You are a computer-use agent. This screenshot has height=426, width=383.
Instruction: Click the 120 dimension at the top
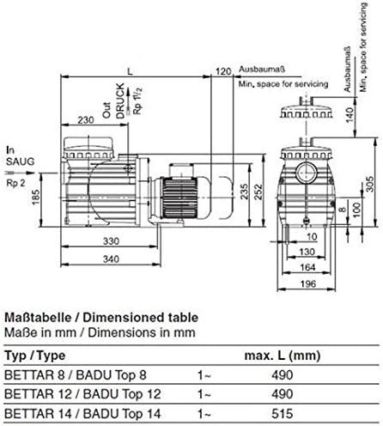pos(224,70)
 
